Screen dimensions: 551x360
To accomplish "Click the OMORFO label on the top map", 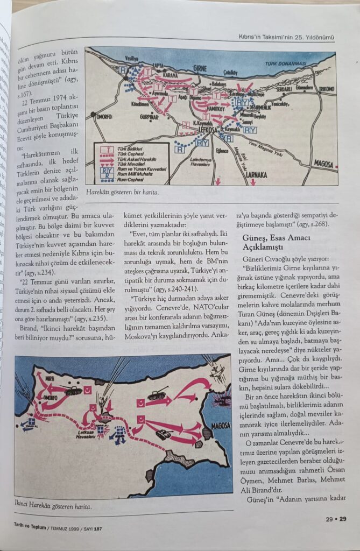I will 104,116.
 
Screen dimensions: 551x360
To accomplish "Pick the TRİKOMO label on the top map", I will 327,89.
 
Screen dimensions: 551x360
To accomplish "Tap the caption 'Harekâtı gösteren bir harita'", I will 123,192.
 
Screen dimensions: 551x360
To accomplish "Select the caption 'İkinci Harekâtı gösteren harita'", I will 54,506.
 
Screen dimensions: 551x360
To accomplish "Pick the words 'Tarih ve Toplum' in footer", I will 29,528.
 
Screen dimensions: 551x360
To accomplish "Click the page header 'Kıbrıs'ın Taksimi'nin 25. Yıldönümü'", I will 286,37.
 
